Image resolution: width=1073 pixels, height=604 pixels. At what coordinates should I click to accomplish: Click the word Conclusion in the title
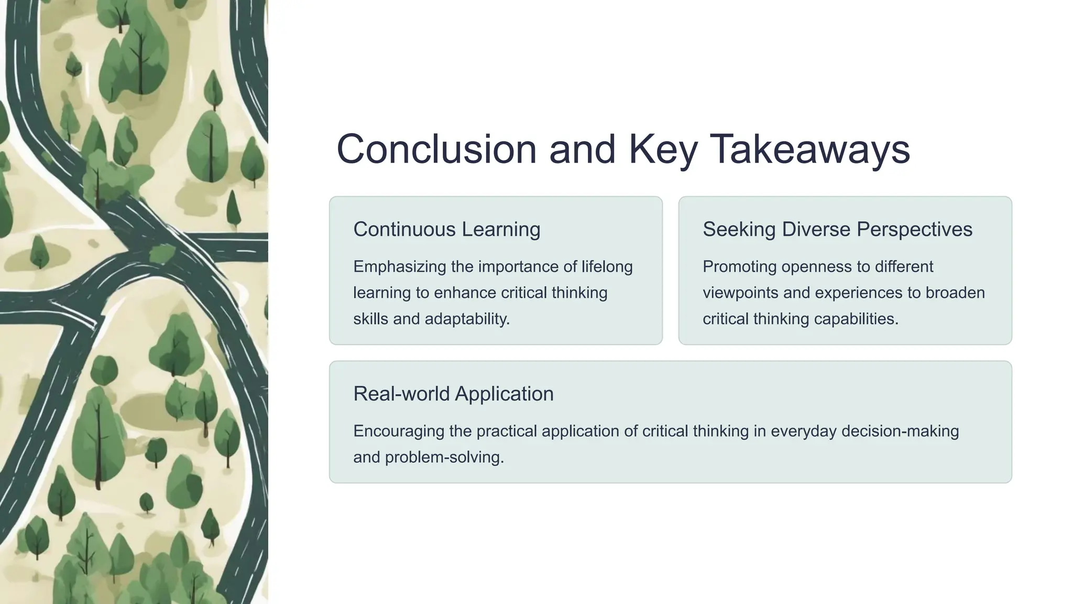436,149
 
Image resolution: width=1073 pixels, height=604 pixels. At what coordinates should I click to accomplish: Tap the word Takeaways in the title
809,149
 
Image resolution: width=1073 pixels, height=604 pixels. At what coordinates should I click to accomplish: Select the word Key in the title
663,149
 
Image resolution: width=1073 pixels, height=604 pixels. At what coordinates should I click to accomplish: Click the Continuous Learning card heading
446,230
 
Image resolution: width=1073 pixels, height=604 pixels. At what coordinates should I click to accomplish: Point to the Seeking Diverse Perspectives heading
837,230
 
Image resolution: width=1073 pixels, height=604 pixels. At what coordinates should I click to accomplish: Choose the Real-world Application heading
453,394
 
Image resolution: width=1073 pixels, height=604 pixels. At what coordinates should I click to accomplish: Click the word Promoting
739,267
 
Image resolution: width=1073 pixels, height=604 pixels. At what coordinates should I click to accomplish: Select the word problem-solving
444,457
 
